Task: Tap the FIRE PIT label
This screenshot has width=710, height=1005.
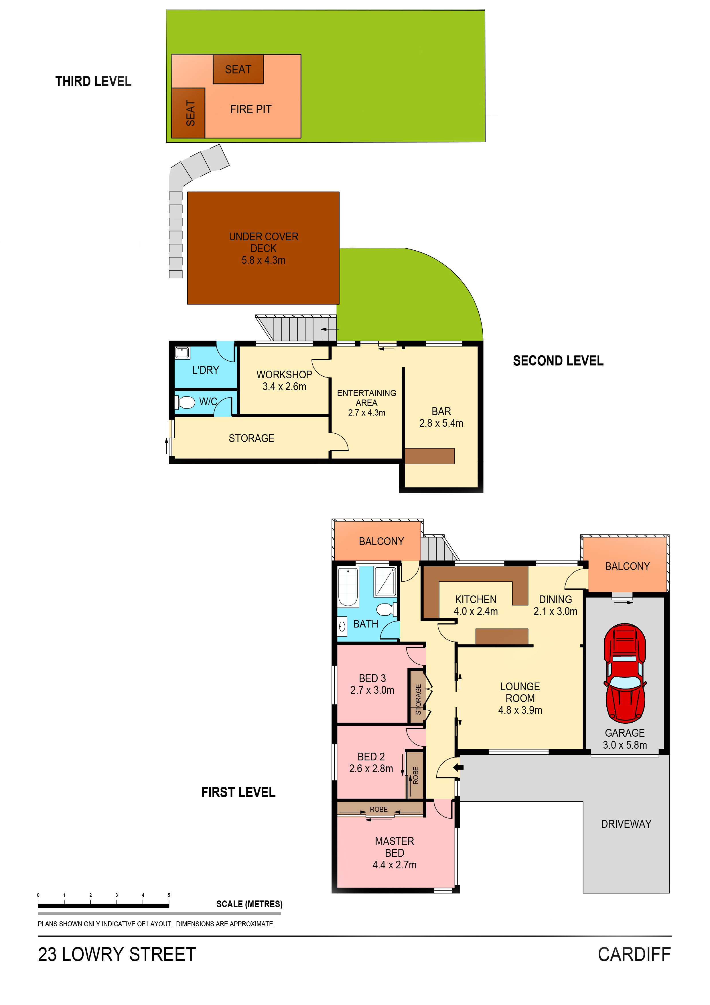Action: (x=251, y=109)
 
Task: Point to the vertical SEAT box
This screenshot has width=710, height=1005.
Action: (x=188, y=113)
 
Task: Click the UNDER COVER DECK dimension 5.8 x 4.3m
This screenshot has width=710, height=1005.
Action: (x=263, y=260)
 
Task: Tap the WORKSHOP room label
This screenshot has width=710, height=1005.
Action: (x=284, y=375)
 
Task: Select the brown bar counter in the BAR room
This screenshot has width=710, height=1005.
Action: (x=429, y=456)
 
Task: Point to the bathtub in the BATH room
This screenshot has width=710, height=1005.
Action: (x=348, y=587)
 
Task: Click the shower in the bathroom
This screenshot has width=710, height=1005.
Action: (x=385, y=582)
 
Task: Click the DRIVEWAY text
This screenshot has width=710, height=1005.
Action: (x=626, y=824)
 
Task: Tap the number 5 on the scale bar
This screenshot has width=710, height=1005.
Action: (x=169, y=895)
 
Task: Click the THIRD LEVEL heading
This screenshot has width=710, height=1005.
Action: (x=93, y=81)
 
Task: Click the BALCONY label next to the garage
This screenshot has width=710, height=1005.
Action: (x=627, y=567)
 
